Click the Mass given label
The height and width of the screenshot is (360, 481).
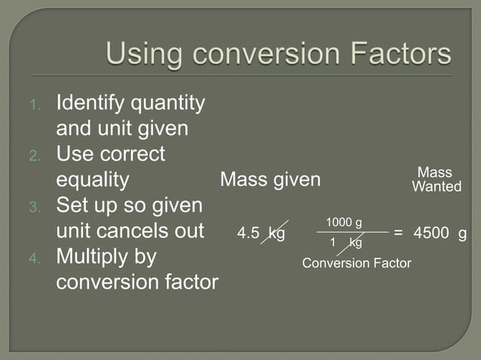[x=269, y=180]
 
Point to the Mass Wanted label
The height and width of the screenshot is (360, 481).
[x=436, y=179]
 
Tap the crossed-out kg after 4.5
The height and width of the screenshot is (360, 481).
[x=276, y=233]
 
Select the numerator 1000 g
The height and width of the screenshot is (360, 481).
[x=344, y=222]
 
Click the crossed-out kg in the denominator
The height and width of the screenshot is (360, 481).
[x=354, y=243]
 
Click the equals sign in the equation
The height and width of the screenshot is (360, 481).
[x=398, y=233]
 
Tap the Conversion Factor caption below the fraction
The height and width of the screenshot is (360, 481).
[x=356, y=263]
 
